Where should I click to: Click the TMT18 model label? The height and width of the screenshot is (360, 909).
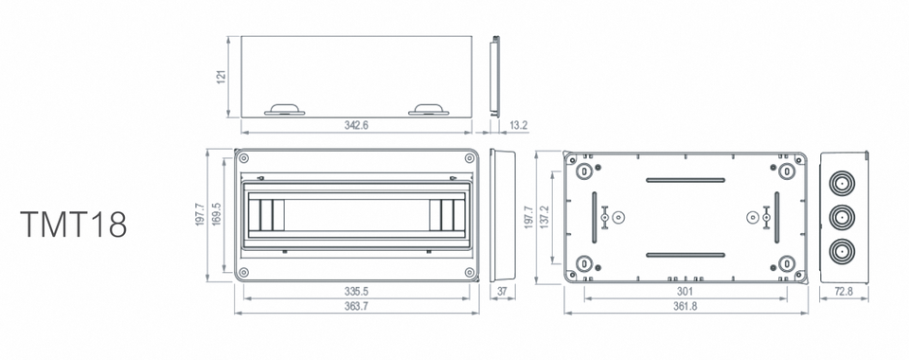click(x=73, y=225)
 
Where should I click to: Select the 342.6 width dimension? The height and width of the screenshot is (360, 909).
click(x=357, y=125)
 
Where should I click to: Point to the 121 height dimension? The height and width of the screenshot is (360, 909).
click(x=221, y=77)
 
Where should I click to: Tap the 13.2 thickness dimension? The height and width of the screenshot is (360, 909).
click(x=518, y=125)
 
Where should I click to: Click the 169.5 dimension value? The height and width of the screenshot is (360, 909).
click(x=216, y=214)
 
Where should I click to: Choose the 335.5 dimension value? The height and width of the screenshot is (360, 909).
click(x=357, y=292)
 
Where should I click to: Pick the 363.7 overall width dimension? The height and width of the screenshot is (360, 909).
click(x=357, y=307)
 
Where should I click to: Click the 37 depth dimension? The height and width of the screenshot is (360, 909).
click(x=503, y=292)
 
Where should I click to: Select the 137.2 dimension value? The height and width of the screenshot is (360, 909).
click(x=544, y=217)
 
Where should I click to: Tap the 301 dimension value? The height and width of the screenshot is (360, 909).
click(x=686, y=292)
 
